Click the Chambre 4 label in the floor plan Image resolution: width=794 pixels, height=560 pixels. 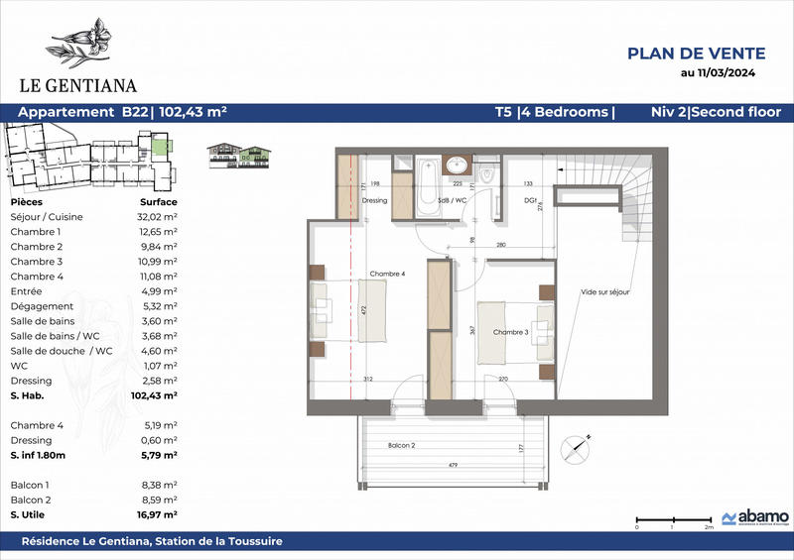(386, 275)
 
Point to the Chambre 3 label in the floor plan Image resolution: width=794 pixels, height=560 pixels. (512, 332)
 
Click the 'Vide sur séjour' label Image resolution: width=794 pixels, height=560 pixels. (606, 292)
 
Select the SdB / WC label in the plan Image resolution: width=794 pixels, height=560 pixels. (454, 199)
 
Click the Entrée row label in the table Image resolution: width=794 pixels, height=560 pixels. (25, 291)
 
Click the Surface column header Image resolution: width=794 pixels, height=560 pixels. (159, 200)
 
